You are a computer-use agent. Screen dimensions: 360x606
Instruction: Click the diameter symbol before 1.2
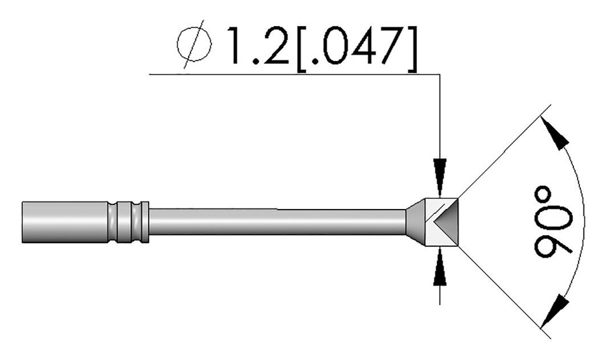[x=194, y=44]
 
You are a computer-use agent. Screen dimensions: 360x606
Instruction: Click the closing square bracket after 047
[x=413, y=45]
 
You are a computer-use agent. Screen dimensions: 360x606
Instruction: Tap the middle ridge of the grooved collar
[x=128, y=222]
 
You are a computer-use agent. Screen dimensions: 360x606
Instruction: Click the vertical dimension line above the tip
[x=439, y=118]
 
